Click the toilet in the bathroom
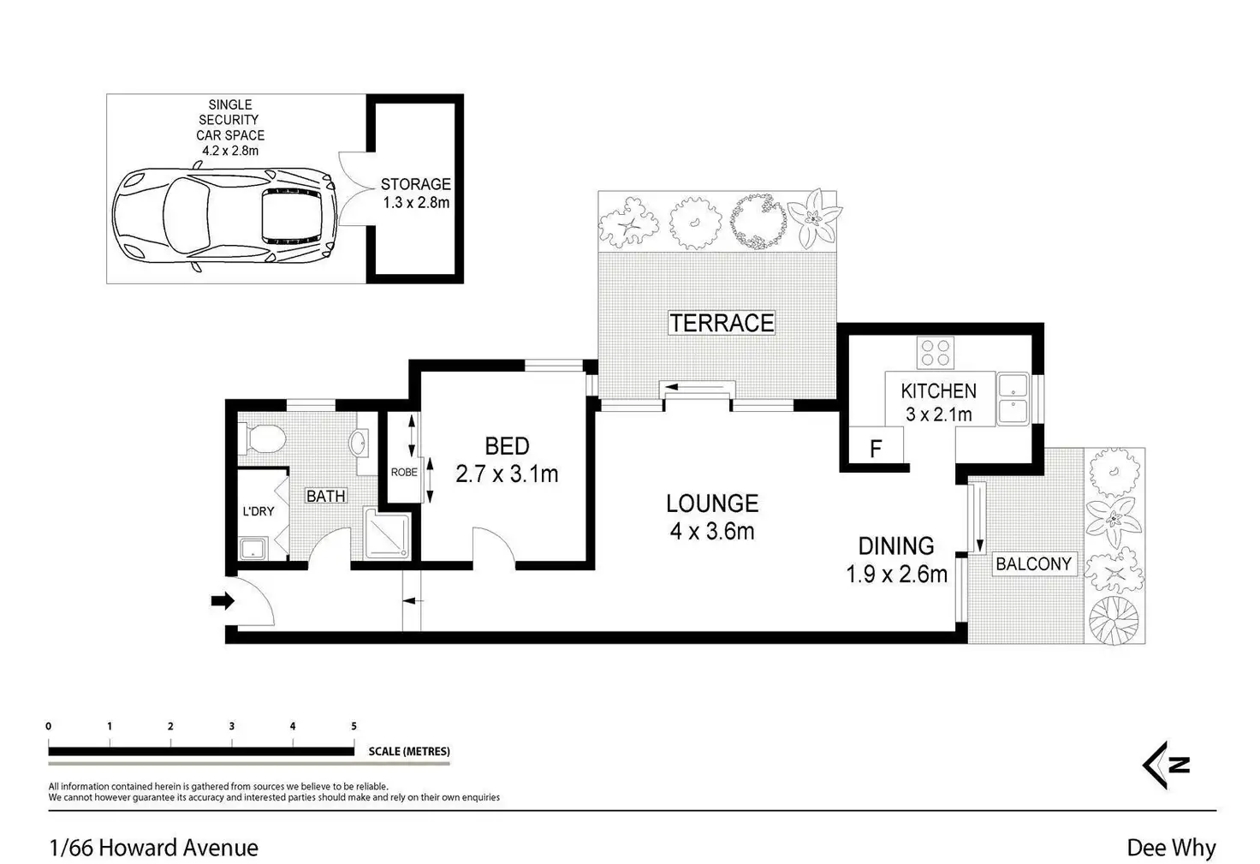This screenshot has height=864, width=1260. [262, 438]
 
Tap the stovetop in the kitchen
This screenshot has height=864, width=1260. [935, 352]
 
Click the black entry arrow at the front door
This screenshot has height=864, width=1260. [223, 600]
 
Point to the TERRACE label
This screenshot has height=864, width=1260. [722, 323]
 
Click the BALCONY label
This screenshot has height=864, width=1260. [1033, 563]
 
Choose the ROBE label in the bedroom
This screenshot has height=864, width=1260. [404, 472]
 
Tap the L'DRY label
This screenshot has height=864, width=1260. [259, 511]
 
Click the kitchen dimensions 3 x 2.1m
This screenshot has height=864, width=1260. [938, 414]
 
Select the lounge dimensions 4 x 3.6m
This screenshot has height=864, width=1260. [712, 532]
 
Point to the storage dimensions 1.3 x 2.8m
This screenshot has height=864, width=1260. [416, 203]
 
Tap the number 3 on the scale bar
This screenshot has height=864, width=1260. [231, 726]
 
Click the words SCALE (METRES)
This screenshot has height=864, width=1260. [409, 752]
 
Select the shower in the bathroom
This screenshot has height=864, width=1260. [388, 533]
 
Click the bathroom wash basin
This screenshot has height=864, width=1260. [359, 443]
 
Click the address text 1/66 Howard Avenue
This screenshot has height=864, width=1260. [153, 848]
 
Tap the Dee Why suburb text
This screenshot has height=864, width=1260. [1171, 848]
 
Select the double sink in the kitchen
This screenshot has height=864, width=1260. [1013, 399]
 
